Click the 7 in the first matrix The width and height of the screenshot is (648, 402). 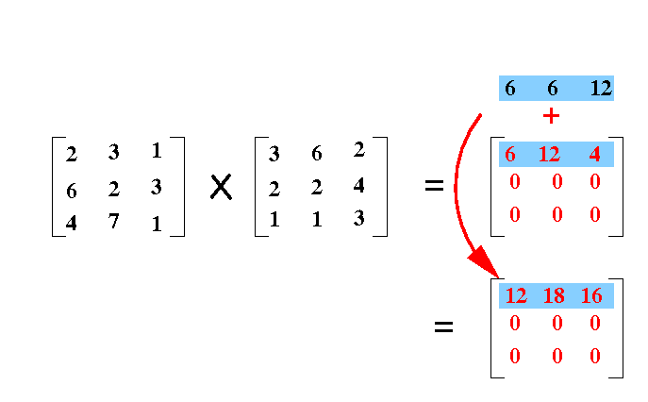pos(113,221)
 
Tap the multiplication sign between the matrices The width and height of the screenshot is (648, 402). pos(221,187)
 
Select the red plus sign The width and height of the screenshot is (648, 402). pos(551,116)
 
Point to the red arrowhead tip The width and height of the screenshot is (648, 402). pos(499,277)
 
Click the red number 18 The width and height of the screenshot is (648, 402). pos(554,295)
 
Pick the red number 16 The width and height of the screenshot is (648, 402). pos(591,295)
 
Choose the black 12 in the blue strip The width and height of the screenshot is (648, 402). pos(601,88)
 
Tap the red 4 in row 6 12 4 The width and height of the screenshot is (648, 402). pos(594,154)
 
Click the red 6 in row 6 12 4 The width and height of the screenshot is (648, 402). pos(510,154)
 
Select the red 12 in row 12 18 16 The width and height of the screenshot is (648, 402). pos(516,295)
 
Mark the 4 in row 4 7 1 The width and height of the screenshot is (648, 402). pos(71,224)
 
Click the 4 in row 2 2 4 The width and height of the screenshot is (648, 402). pos(358,185)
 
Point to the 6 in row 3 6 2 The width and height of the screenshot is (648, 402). pos(317,154)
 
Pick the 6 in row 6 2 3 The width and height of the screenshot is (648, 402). pos(71,191)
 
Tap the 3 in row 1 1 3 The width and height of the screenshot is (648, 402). pos(358,218)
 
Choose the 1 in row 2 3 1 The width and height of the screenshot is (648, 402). pos(157,151)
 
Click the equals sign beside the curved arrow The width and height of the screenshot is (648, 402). pos(434,185)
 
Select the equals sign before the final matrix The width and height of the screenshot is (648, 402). pos(444,327)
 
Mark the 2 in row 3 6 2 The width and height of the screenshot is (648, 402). pos(358,149)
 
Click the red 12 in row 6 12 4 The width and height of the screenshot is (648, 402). pos(549,154)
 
